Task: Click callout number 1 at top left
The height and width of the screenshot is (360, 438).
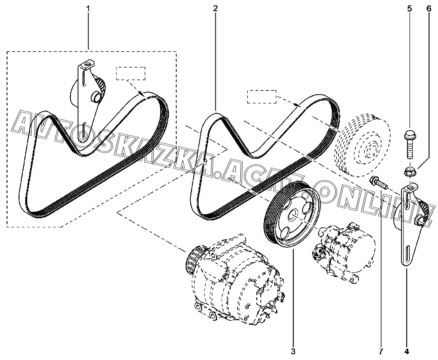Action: (x=88, y=8)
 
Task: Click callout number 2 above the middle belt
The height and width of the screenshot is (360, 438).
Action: (x=215, y=8)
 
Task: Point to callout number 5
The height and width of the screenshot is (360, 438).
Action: (x=409, y=8)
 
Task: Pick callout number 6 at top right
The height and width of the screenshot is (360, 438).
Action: (x=429, y=8)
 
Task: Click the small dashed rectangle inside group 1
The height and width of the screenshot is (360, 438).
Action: (x=131, y=73)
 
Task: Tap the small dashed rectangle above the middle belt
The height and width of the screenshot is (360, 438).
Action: (x=261, y=96)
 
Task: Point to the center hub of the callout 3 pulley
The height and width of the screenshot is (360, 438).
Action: (x=293, y=214)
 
